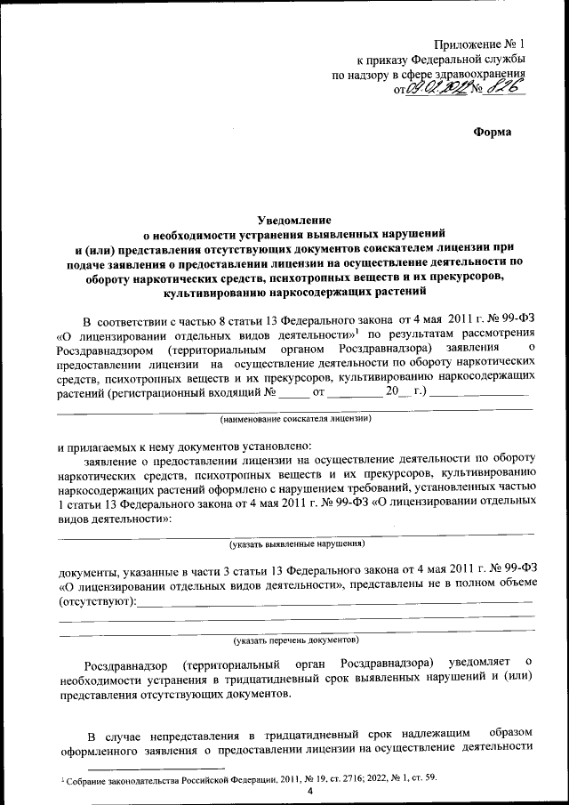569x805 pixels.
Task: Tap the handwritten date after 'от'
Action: (x=433, y=88)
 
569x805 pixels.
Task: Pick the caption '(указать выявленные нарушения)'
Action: (x=296, y=542)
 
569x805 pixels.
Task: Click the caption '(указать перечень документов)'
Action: (x=296, y=640)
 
